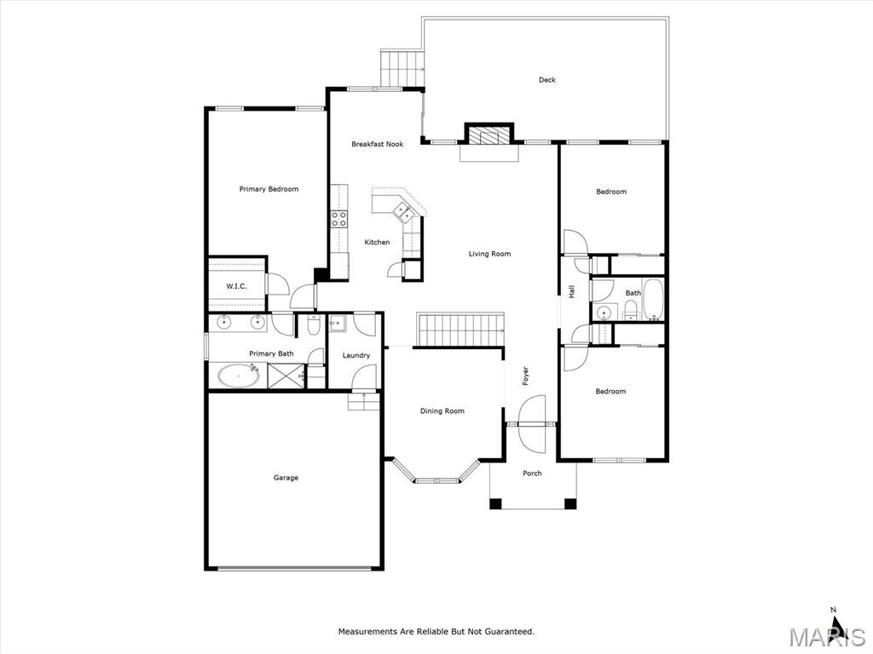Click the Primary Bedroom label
[x=269, y=189]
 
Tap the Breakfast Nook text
[x=377, y=145]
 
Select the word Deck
[x=546, y=80]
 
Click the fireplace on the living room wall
[x=489, y=136]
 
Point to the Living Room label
[x=489, y=254]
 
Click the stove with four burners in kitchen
[x=338, y=217]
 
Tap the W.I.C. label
[x=236, y=286]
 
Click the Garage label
[x=286, y=478]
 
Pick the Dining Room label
[x=442, y=411]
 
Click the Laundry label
[x=356, y=356]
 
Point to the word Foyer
[x=526, y=376]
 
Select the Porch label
[x=532, y=473]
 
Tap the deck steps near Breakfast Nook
[x=402, y=65]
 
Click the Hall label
[x=572, y=291]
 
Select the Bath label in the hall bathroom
[x=633, y=293]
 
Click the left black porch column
[x=495, y=503]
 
